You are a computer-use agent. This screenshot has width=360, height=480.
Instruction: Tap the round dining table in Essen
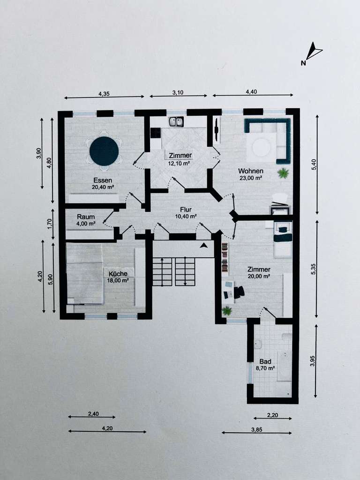click(x=104, y=151)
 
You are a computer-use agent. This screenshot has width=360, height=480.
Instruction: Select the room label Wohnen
click(x=251, y=171)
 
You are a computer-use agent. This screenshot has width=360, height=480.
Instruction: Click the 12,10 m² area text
click(x=179, y=164)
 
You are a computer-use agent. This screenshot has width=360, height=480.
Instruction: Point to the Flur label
click(x=186, y=210)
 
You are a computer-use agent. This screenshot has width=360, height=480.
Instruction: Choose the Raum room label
click(x=86, y=217)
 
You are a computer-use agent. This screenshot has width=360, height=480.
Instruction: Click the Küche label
click(x=118, y=274)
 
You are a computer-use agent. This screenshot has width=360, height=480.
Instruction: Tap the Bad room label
click(x=265, y=361)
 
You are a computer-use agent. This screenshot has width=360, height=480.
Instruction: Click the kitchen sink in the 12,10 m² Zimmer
click(x=176, y=122)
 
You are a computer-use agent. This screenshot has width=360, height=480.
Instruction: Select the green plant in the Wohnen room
click(x=283, y=173)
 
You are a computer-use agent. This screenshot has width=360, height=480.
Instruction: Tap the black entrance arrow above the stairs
click(x=203, y=245)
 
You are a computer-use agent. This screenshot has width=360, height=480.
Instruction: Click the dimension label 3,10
click(x=178, y=92)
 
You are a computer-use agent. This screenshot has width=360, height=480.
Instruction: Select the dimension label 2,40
click(x=93, y=414)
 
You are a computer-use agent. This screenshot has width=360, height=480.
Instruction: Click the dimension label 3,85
click(x=256, y=429)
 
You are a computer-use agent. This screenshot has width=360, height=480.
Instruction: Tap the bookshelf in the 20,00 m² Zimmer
click(x=225, y=257)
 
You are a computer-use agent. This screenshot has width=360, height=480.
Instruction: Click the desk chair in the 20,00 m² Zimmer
click(x=239, y=292)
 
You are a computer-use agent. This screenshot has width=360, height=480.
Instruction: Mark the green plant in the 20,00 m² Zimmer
click(x=227, y=311)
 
